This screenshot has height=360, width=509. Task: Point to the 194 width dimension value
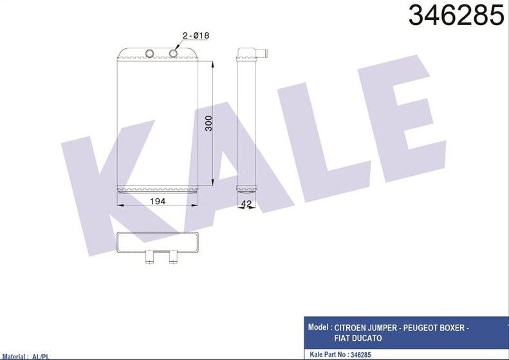(x=158, y=202)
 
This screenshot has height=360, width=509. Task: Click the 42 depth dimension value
(x=246, y=204)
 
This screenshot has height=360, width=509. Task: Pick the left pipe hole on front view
(x=150, y=53)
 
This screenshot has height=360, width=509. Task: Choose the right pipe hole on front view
(x=174, y=53)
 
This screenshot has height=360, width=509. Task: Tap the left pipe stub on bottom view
(x=149, y=258)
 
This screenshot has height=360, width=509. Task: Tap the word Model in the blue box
(x=319, y=327)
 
